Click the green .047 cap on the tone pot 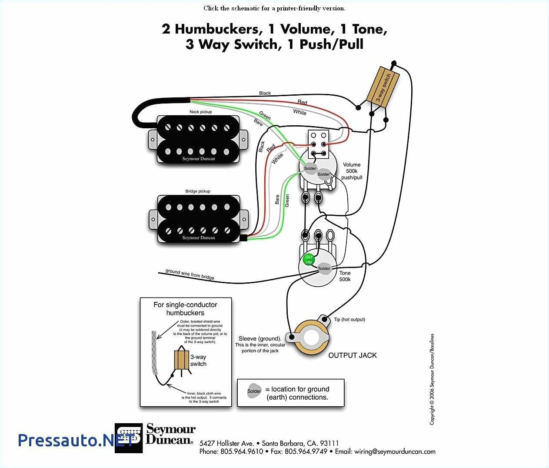(x=308, y=260)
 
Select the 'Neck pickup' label (x=200, y=112)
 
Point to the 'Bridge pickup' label (x=198, y=191)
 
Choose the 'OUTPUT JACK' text (x=352, y=355)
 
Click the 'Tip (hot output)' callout (x=349, y=320)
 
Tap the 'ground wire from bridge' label (x=190, y=274)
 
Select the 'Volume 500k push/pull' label (x=352, y=171)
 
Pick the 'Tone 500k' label (x=345, y=276)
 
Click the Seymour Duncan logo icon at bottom (x=129, y=438)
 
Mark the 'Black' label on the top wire (x=265, y=93)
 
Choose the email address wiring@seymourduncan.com (x=395, y=451)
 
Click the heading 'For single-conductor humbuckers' (x=185, y=309)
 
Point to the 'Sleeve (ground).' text (x=260, y=338)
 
